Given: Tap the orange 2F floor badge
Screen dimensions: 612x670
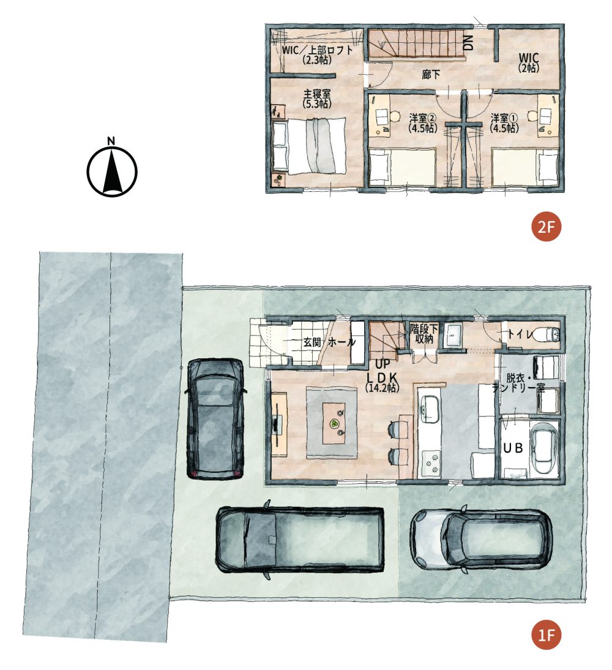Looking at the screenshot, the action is (x=546, y=227).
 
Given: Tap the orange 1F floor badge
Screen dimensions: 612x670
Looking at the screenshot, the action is (x=546, y=634).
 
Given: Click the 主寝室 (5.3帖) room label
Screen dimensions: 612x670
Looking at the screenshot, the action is (x=317, y=99).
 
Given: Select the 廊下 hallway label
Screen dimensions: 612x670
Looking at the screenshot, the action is (x=430, y=74).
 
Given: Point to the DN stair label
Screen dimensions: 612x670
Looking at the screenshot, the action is (x=469, y=43).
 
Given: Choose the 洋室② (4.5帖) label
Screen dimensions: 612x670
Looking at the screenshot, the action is (x=422, y=122).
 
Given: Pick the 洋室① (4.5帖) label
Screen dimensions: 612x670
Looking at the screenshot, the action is (x=504, y=122).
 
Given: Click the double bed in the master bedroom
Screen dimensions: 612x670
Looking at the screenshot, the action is (x=309, y=146).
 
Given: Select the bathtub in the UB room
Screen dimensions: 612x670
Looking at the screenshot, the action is (x=543, y=448).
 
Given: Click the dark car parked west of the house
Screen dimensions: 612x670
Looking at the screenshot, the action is (x=215, y=418).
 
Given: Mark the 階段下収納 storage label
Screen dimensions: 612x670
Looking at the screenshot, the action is (x=424, y=334).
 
